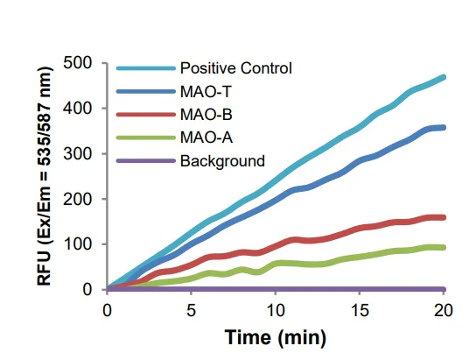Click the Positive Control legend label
point(234,67)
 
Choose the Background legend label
point(221,161)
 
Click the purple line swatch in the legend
point(144,161)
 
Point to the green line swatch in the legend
point(144,138)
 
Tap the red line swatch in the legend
point(144,115)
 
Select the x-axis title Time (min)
point(276,337)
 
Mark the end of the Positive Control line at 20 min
point(444,77)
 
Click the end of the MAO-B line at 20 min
point(444,217)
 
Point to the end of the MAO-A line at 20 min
point(444,247)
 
